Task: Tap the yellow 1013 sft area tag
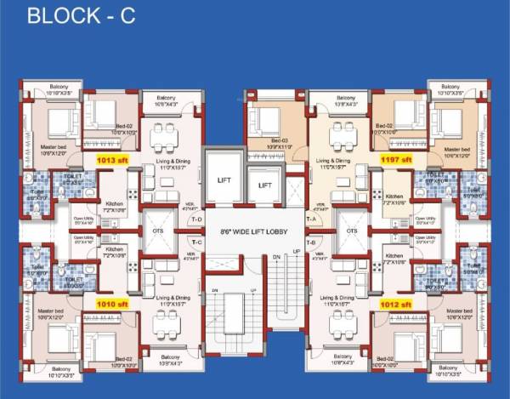(112, 159)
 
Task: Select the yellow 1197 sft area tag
(396, 159)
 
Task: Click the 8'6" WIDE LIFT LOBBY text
(254, 232)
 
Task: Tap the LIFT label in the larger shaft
(224, 180)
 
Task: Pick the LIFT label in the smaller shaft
(265, 185)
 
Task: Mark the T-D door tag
(196, 219)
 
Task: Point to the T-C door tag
(196, 242)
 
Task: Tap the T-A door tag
(311, 219)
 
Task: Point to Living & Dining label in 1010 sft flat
(173, 299)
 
